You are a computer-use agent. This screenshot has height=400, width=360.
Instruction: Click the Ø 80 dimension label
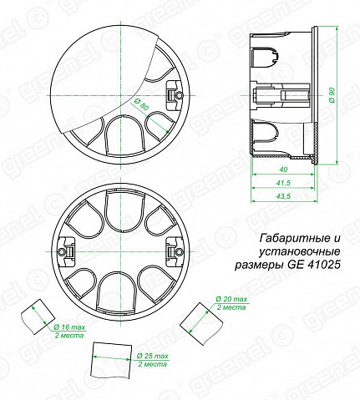[139, 105]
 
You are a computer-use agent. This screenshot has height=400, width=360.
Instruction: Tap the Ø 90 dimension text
[332, 95]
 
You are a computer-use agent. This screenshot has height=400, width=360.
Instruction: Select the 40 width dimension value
[283, 170]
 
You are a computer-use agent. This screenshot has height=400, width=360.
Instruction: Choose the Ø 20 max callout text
[231, 299]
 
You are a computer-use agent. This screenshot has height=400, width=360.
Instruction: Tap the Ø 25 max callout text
[153, 356]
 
